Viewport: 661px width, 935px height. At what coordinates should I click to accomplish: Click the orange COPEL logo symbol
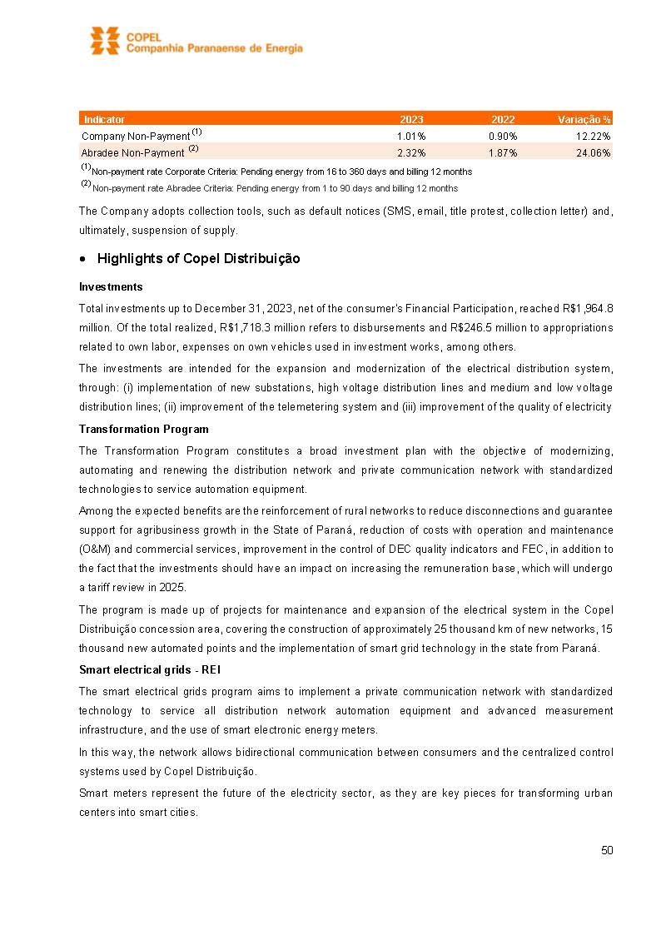click(x=105, y=41)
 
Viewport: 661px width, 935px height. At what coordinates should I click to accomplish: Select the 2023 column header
click(x=411, y=119)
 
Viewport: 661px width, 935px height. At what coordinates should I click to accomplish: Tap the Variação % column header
click(x=584, y=119)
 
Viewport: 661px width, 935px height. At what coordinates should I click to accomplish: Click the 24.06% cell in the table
click(x=594, y=152)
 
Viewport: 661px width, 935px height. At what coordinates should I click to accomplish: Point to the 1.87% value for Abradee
click(x=503, y=152)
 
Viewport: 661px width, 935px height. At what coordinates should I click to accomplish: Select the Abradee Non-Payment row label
click(x=133, y=152)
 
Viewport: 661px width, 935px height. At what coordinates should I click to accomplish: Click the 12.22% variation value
click(x=594, y=136)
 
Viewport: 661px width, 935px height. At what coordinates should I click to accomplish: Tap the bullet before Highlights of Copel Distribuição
click(x=83, y=259)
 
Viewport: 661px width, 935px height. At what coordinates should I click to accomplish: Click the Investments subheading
click(x=111, y=286)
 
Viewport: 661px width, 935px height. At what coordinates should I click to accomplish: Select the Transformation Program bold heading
click(x=143, y=429)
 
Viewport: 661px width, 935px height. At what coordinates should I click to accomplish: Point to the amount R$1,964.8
click(x=587, y=308)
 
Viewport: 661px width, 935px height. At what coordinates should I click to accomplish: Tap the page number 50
click(x=607, y=850)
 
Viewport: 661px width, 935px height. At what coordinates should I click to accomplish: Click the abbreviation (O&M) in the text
click(x=95, y=549)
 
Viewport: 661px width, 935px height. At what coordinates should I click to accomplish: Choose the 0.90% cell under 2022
click(x=503, y=136)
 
